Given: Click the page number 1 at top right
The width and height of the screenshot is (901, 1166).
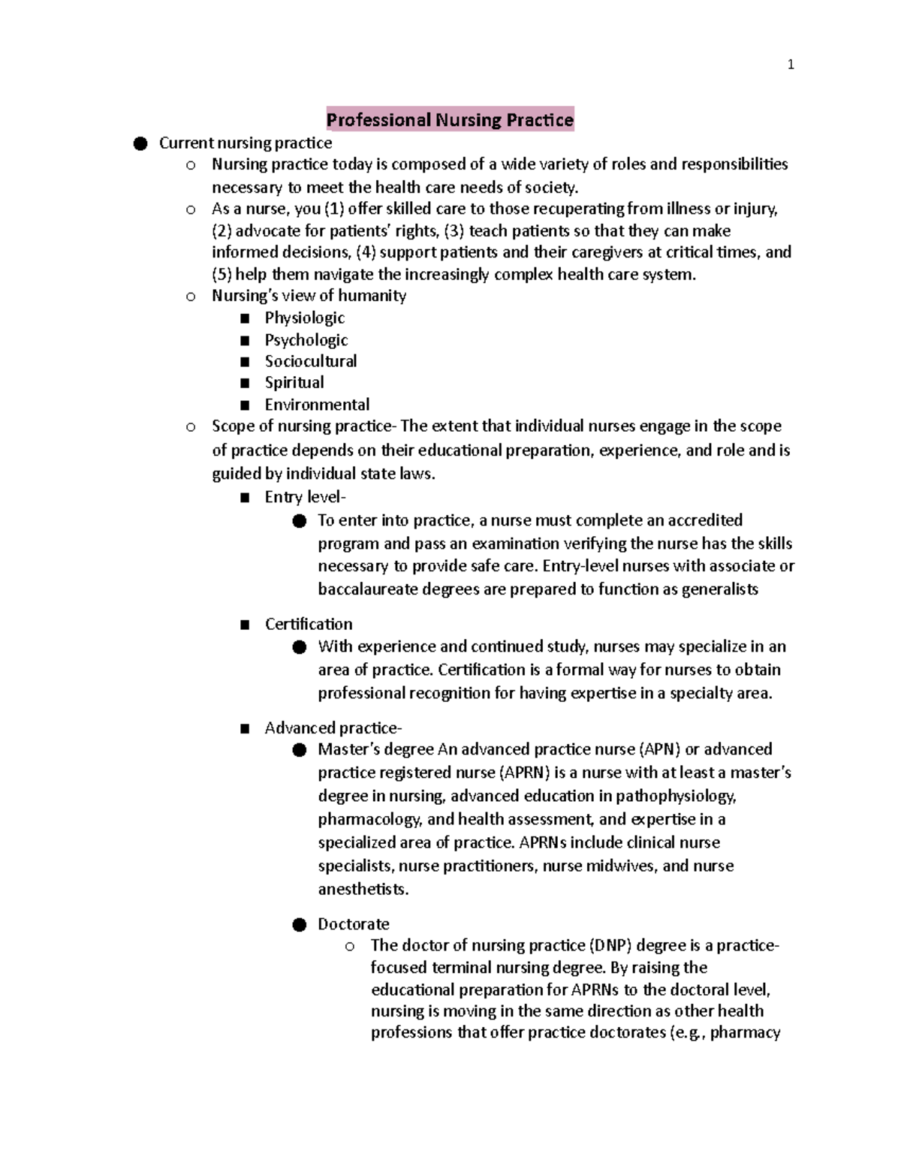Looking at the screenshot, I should pos(790,65).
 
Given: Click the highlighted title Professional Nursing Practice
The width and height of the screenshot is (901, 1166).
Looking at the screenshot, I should pos(450,120).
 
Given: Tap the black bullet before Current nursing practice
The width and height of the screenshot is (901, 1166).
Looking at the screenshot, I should pos(140,143).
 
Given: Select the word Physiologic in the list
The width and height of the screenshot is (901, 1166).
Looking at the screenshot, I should pos(304,318).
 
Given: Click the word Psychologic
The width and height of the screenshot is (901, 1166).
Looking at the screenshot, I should pos(306,340).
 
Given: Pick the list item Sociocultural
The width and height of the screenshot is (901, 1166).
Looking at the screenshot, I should pos(310,361).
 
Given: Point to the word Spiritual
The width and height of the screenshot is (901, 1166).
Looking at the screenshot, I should pos(294,383).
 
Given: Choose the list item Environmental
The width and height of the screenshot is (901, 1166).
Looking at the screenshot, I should pos(317,405).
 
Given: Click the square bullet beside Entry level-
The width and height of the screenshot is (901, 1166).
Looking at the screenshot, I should pos(245,498).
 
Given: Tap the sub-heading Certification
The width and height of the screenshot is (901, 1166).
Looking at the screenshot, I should pos(308,624).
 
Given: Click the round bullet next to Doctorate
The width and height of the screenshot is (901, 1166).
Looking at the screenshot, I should pos(300,924).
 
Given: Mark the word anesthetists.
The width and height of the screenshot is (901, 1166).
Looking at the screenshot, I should pos(363,890).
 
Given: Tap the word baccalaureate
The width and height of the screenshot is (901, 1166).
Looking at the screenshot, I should pos(367,589).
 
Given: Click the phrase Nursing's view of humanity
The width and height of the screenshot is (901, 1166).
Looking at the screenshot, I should pos(309,296).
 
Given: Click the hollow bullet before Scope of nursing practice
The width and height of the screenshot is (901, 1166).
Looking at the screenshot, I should pos(191,427).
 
